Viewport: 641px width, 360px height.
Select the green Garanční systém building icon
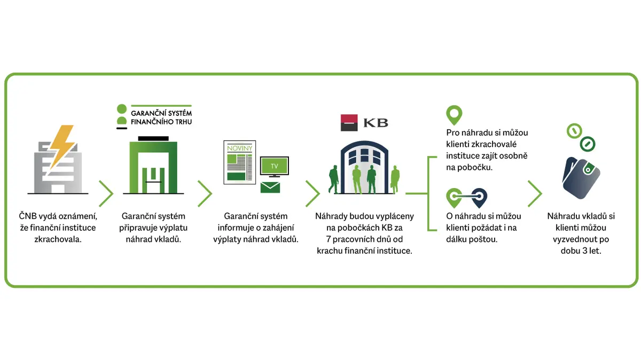(153, 166)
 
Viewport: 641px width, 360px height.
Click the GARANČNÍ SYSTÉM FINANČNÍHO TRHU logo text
(161, 118)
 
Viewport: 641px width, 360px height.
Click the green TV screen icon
(274, 167)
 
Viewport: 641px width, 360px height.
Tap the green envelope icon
(270, 187)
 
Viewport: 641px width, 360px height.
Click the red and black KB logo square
(349, 122)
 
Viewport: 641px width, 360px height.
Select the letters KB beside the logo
(376, 123)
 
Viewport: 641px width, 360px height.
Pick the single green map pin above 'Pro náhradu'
(454, 114)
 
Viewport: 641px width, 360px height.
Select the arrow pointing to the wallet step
(535, 193)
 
